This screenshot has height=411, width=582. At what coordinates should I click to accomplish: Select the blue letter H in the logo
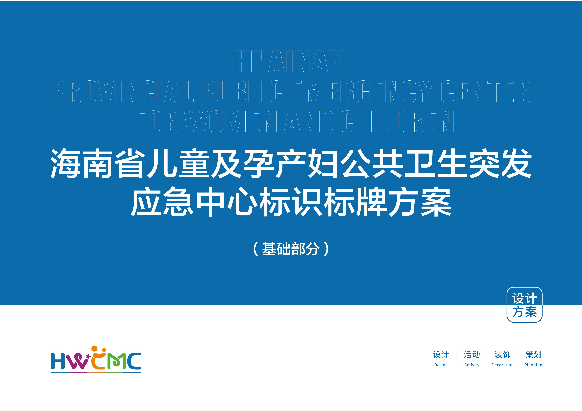[x=58, y=361]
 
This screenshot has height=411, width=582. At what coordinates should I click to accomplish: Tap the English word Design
[x=441, y=365]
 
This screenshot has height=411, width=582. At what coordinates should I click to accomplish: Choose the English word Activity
[x=472, y=365]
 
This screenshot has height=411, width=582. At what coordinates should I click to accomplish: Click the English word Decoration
[x=502, y=365]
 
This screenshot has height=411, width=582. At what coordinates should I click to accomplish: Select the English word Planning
[x=533, y=365]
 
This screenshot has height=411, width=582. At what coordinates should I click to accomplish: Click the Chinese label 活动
[x=472, y=355]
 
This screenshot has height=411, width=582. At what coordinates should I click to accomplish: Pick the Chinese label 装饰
[x=502, y=355]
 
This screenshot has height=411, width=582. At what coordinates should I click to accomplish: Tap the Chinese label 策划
[x=533, y=355]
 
